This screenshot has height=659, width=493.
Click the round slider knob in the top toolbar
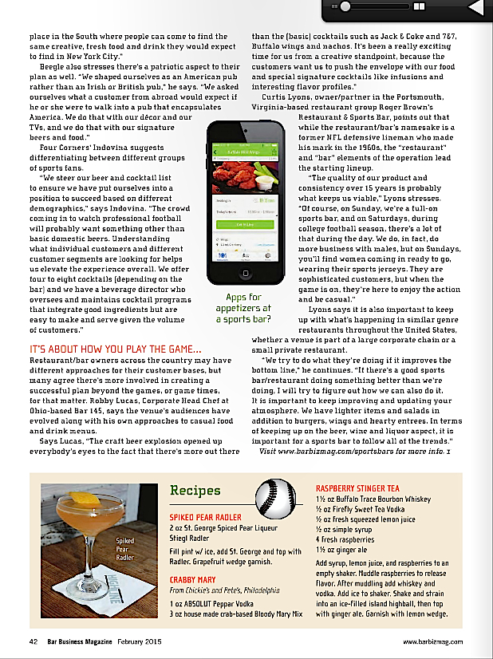(x=347, y=7)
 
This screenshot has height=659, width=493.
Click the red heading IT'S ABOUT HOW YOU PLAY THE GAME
(x=116, y=349)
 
